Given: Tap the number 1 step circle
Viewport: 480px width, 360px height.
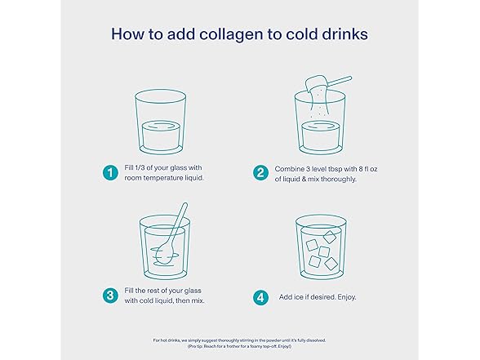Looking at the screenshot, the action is (110, 173).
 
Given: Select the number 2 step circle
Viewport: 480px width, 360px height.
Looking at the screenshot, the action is (260, 173).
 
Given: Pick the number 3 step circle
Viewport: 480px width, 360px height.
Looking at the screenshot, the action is (110, 296).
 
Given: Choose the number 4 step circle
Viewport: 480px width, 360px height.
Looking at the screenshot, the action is (260, 297).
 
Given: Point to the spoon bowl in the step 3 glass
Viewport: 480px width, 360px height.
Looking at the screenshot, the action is (163, 253).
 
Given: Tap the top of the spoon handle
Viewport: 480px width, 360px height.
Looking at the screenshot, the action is (184, 205).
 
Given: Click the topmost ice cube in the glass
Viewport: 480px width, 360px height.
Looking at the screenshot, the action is (330, 237).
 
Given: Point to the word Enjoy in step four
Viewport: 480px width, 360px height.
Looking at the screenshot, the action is (346, 297).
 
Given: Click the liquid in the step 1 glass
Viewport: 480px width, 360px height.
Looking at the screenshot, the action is (160, 136).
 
